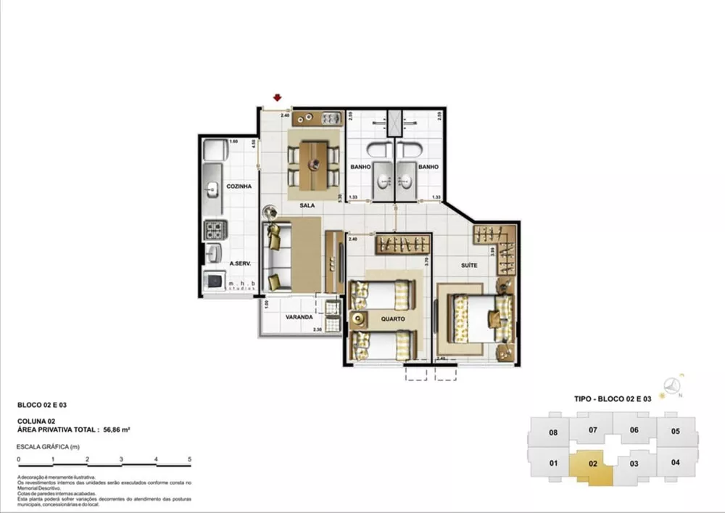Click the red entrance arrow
coord(277,98)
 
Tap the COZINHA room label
coord(239,186)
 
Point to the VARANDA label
coord(299,317)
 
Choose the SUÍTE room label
coord(469,266)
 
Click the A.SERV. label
coord(241,264)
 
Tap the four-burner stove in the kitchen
coord(215,231)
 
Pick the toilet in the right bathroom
coord(407,151)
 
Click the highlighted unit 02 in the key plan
coord(591,463)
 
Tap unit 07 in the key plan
coord(592,430)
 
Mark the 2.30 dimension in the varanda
coord(317,330)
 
